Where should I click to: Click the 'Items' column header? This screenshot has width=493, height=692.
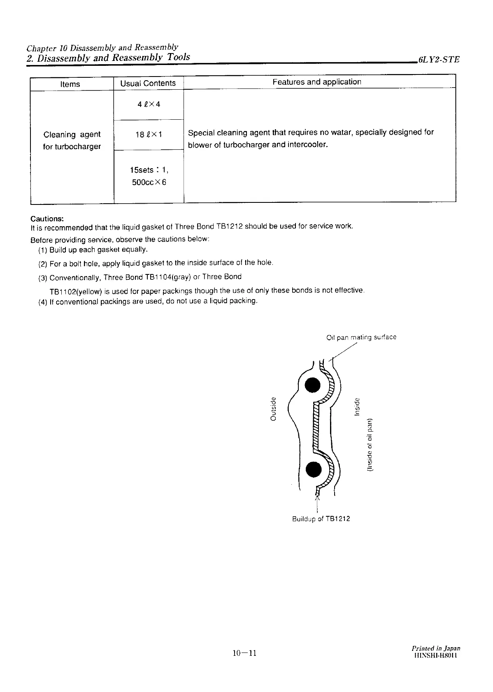pos(70,84)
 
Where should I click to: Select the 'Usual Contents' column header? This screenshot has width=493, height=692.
pos(148,83)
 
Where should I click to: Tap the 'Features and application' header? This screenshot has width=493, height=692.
pos(317,82)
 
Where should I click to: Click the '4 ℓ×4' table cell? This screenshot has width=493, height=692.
pos(149,104)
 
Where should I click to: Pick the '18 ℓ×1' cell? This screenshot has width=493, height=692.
pos(149,135)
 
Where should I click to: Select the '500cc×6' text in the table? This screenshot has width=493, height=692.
pos(149,182)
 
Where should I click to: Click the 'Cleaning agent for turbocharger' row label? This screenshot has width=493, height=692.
pos(72,140)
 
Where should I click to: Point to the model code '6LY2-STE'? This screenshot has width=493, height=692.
pos(438,60)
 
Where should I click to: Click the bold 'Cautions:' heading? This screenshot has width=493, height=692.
pos(47,218)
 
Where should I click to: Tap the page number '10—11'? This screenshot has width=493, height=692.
pos(244,653)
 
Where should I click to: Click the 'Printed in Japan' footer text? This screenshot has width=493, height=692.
pos(436,648)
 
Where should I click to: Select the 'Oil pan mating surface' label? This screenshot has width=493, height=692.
pos(361,337)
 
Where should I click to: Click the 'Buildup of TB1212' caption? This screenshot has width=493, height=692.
pos(321,519)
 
